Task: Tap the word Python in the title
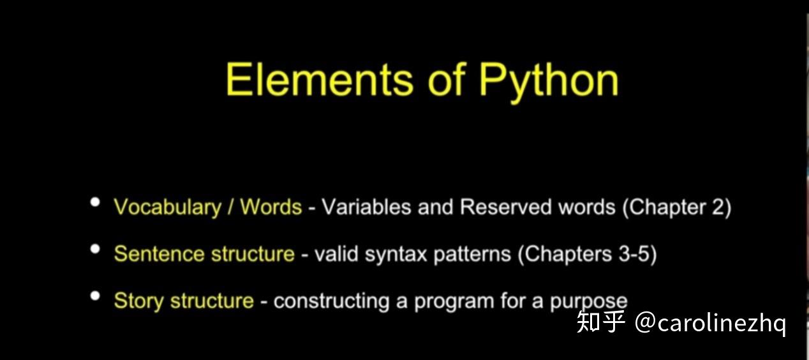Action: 549,81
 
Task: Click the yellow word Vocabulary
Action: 167,207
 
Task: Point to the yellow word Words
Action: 271,207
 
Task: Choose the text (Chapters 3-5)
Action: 587,254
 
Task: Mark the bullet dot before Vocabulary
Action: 96,202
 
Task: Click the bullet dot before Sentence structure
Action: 96,249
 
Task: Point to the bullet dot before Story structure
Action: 96,296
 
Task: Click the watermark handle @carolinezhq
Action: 710,324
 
